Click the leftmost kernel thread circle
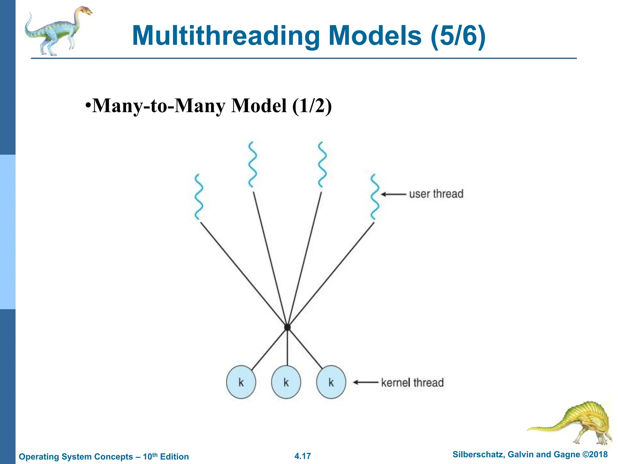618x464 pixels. click(x=241, y=382)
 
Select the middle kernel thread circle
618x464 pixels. click(x=286, y=382)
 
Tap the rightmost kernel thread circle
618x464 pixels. click(x=331, y=382)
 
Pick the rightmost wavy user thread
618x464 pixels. click(x=374, y=197)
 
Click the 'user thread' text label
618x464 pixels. click(x=436, y=194)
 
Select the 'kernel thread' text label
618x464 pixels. click(x=412, y=382)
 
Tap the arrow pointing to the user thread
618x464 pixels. click(x=393, y=194)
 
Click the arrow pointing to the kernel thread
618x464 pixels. click(x=365, y=382)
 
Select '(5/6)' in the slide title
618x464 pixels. click(x=458, y=36)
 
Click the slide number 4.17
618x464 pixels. click(x=303, y=456)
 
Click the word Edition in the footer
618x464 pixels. click(x=174, y=456)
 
